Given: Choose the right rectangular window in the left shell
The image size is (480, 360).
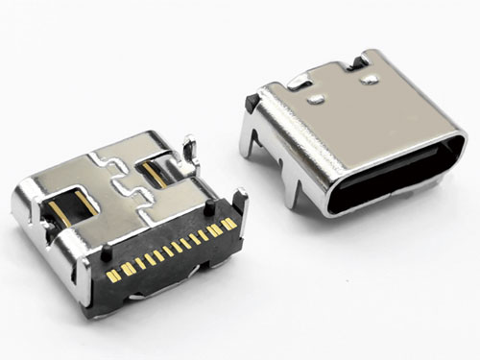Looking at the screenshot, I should (x=153, y=171).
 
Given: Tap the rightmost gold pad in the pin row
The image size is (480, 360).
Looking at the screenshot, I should (x=230, y=224).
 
